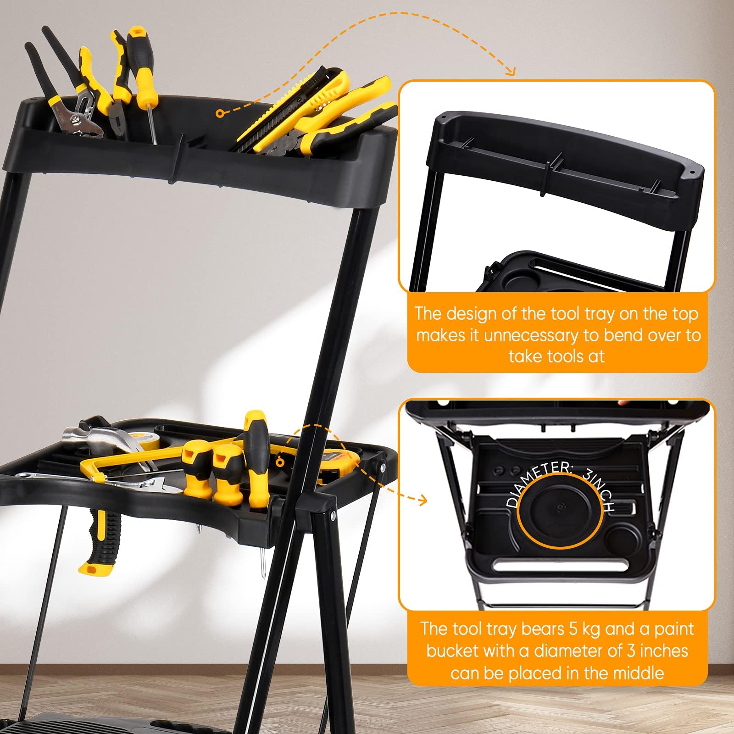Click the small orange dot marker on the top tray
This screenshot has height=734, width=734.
click(x=220, y=112)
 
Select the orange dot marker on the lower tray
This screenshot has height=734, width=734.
click(x=279, y=462)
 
